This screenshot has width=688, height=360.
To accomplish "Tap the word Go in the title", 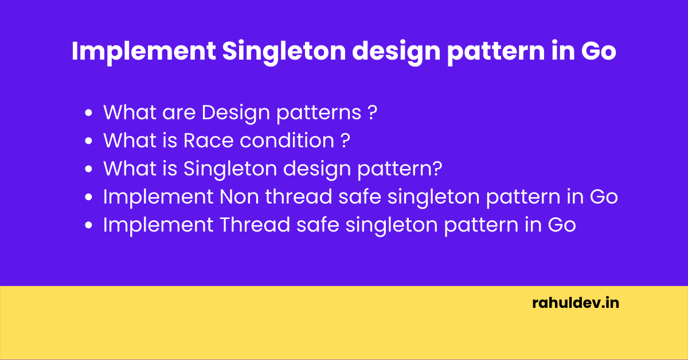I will coord(599,52).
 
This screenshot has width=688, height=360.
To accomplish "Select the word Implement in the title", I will coord(143,52).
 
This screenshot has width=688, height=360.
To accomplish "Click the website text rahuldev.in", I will coord(576,303).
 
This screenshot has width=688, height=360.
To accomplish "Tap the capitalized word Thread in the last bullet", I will coord(255,225).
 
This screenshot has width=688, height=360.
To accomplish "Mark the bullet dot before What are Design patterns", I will coord(89,114).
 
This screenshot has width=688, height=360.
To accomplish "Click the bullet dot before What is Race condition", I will coord(89,142).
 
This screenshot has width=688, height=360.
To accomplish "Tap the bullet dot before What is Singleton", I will coord(89,170).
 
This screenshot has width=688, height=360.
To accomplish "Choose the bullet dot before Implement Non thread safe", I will coord(89,198).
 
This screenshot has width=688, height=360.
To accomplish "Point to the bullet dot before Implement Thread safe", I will coord(89,226).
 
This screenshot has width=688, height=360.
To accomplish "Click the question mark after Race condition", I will coord(345,140).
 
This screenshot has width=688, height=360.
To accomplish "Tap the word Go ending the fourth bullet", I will coord(604,197).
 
